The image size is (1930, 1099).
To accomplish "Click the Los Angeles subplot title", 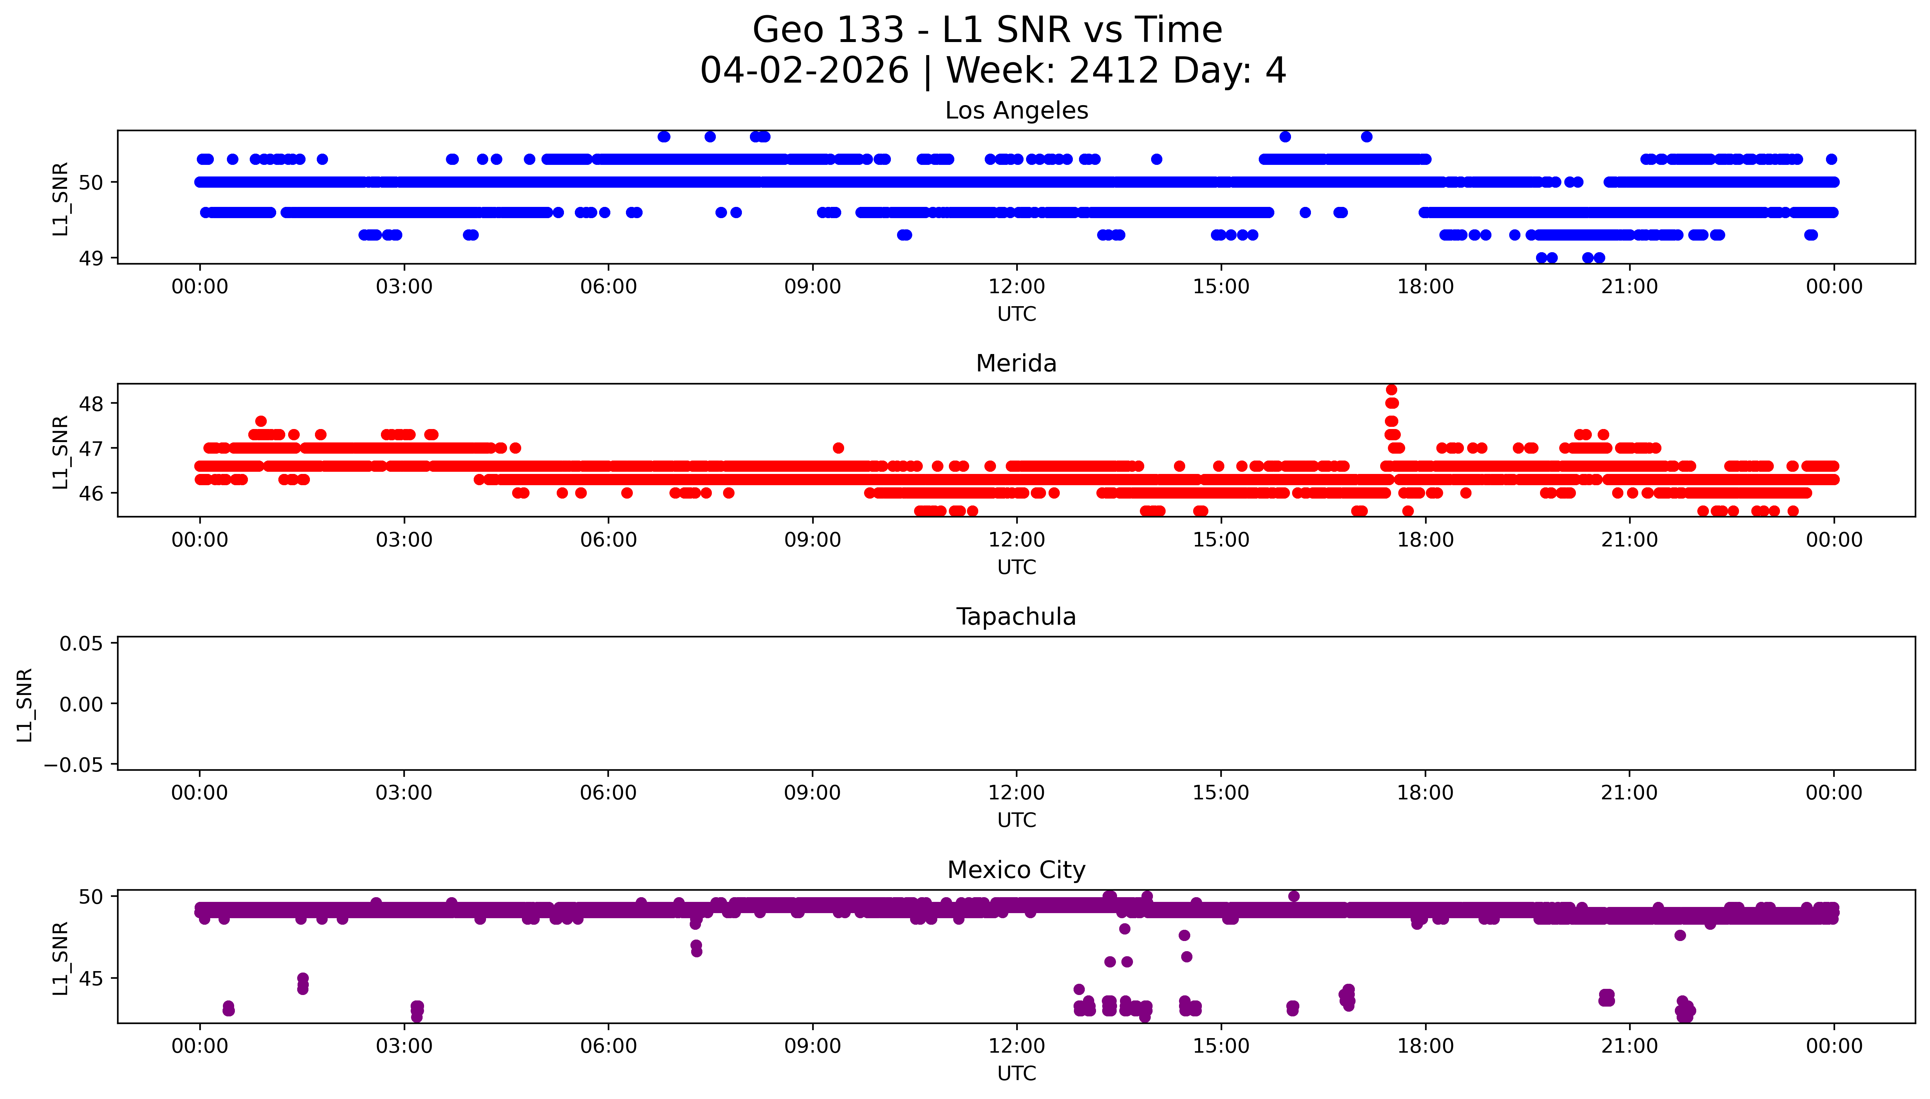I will click(x=1016, y=111).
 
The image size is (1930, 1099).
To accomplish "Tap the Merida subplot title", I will click(x=1016, y=364).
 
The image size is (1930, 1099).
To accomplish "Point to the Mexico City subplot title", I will click(x=1016, y=870).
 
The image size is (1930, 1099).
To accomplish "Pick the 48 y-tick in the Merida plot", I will click(x=91, y=404).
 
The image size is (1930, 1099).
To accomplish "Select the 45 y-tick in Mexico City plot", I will click(x=91, y=978).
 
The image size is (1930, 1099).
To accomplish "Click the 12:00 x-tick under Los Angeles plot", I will click(x=1016, y=287).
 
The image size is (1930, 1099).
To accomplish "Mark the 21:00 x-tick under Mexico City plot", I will click(x=1630, y=1046).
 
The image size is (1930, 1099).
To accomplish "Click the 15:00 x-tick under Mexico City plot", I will click(x=1220, y=1046).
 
